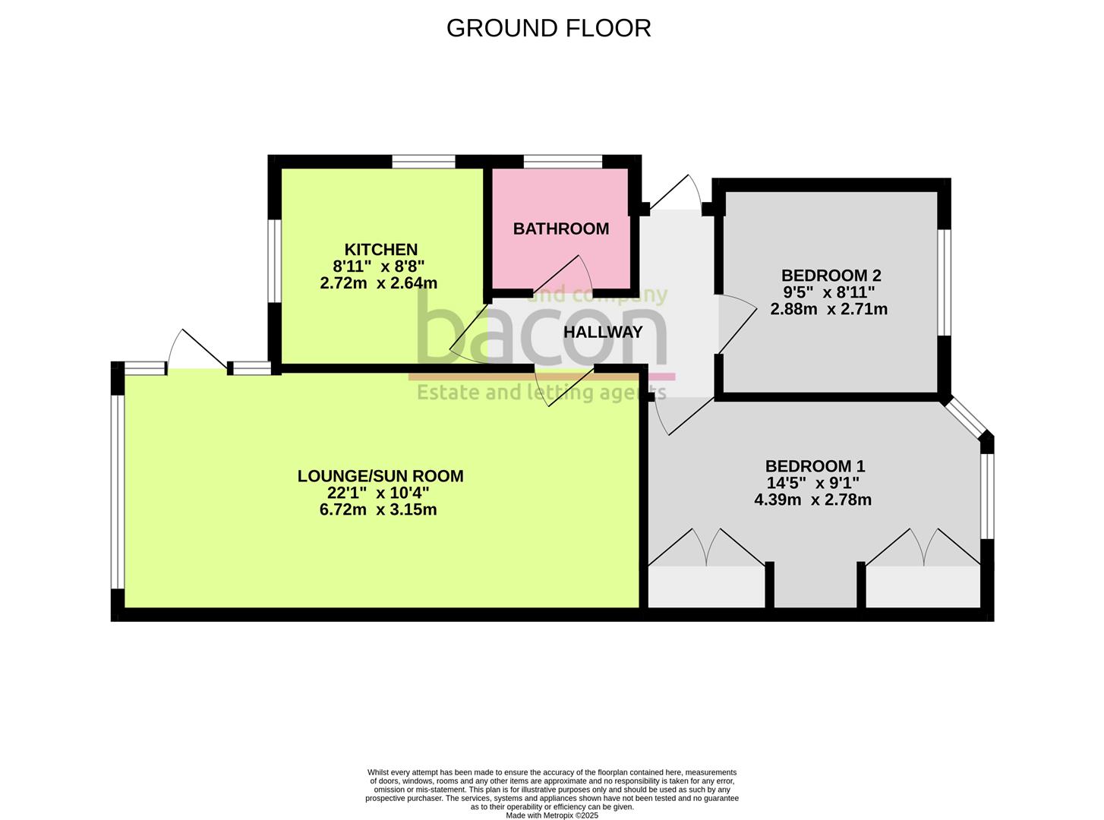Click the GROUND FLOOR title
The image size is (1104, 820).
pyautogui.click(x=548, y=28)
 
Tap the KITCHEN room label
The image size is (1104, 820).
pyautogui.click(x=380, y=250)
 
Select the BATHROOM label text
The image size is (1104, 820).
pyautogui.click(x=560, y=229)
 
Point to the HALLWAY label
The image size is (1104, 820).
pyautogui.click(x=603, y=332)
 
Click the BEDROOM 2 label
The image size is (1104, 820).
pyautogui.click(x=831, y=276)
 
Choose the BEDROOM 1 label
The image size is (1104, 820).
pyautogui.click(x=815, y=466)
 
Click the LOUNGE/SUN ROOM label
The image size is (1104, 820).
pyautogui.click(x=380, y=476)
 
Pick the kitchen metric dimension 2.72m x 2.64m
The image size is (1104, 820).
pyautogui.click(x=378, y=283)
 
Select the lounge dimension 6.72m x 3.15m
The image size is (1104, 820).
pyautogui.click(x=378, y=509)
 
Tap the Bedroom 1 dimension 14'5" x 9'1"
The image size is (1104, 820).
pyautogui.click(x=813, y=483)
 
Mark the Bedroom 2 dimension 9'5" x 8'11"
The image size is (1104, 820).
pyautogui.click(x=829, y=292)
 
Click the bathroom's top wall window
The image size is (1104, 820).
pyautogui.click(x=563, y=161)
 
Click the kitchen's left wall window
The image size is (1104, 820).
pyautogui.click(x=275, y=260)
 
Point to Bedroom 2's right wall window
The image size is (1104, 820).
pyautogui.click(x=944, y=282)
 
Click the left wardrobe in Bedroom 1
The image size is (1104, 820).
pyautogui.click(x=705, y=586)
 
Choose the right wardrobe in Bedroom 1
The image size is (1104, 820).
pyautogui.click(x=923, y=586)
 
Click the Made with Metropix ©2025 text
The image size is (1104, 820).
pyautogui.click(x=552, y=815)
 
